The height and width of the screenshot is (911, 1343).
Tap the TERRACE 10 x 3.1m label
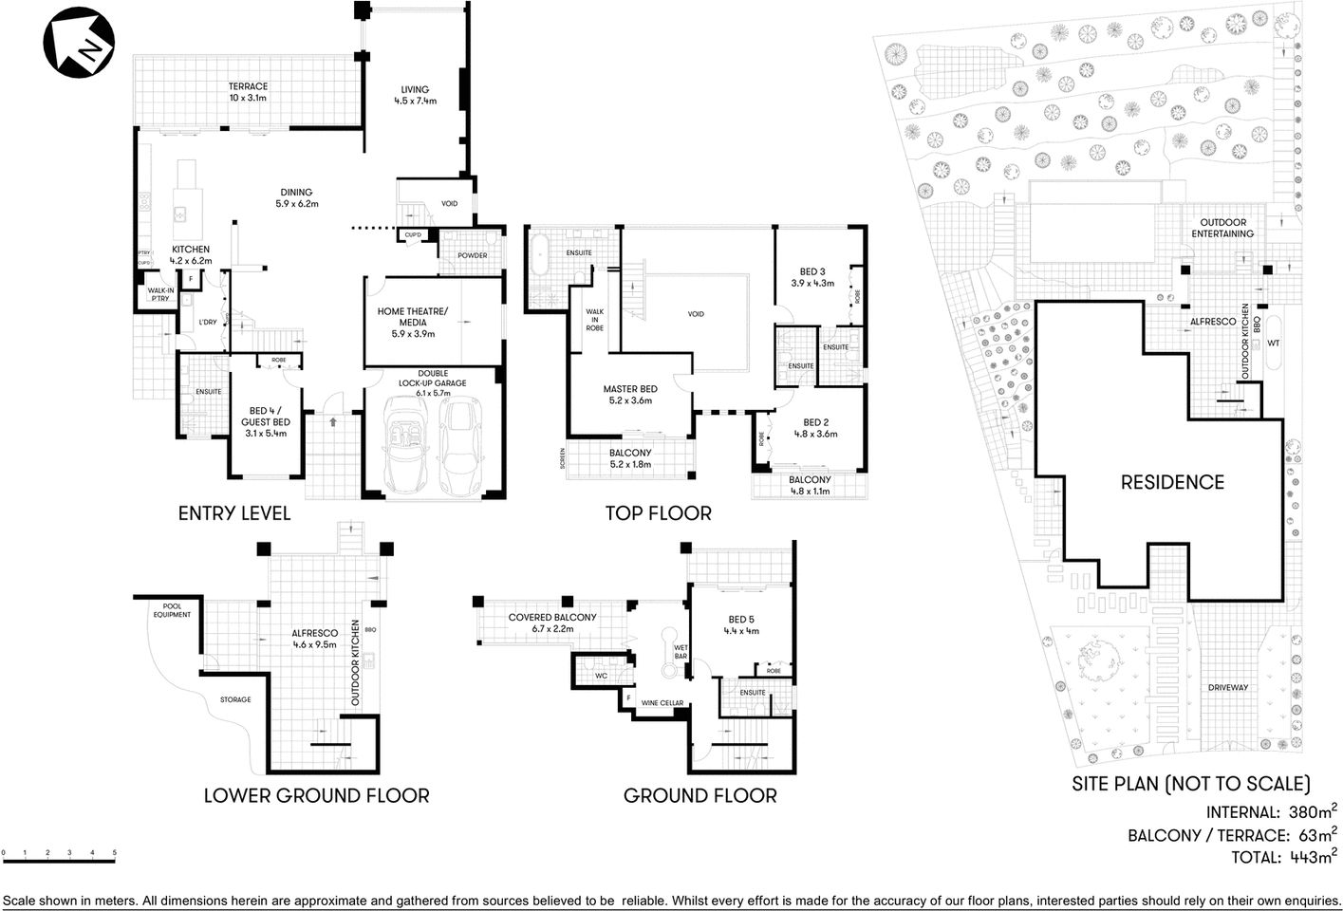tap(248, 92)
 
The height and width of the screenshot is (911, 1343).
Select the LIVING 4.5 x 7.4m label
tap(415, 95)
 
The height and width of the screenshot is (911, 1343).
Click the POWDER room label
tap(472, 255)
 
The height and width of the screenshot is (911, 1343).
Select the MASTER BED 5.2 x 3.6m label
tap(630, 395)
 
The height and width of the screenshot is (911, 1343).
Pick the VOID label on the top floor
tap(696, 314)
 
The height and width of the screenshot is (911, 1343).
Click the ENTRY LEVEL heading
tap(234, 513)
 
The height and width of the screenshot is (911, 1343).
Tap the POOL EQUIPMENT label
tap(172, 610)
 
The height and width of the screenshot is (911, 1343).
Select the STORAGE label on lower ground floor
tap(235, 699)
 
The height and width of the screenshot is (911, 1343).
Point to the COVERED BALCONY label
tap(552, 623)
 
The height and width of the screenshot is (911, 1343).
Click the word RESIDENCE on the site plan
tap(1172, 482)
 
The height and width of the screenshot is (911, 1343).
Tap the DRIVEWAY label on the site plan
tap(1227, 687)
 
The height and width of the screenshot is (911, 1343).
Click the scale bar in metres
tap(59, 859)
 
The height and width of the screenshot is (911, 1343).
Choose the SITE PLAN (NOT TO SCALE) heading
tap(1191, 784)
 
